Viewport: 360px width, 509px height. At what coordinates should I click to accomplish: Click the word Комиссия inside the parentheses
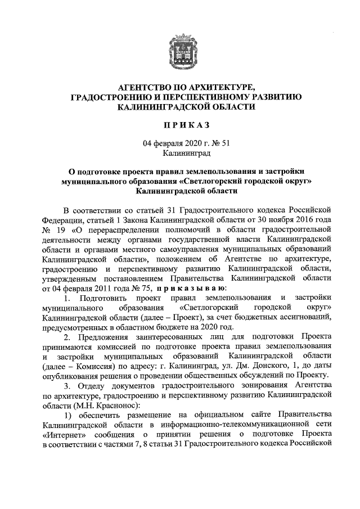tap(92, 365)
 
